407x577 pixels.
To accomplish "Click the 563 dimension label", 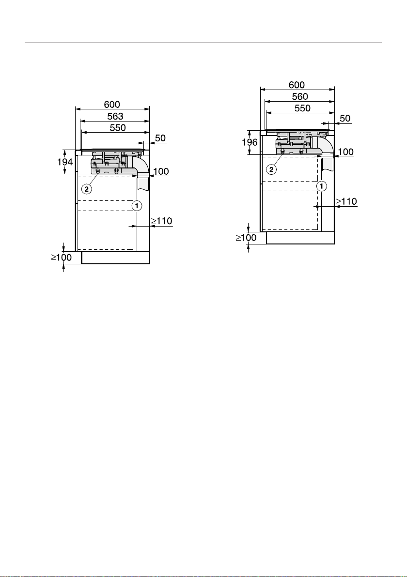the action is click(115, 116).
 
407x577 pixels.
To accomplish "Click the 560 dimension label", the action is click(300, 96).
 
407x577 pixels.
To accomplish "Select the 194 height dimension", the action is click(65, 162).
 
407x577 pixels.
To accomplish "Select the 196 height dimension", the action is click(250, 142).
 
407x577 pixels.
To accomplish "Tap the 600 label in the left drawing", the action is click(112, 105).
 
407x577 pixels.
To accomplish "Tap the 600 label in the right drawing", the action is click(297, 85).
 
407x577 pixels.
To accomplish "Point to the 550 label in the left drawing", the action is click(118, 128).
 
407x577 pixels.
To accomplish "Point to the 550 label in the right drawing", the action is click(302, 108).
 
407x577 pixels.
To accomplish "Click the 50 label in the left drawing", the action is click(160, 138).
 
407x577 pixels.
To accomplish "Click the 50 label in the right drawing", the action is click(345, 119).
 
